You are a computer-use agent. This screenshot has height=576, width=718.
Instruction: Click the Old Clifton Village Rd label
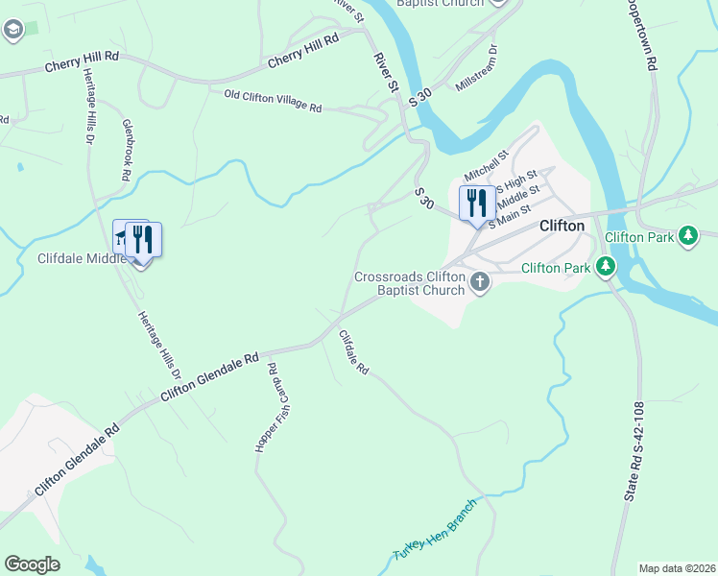click(273, 101)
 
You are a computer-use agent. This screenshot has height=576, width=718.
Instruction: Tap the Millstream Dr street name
click(477, 68)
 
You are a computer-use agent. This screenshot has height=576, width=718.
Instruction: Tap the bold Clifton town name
click(562, 227)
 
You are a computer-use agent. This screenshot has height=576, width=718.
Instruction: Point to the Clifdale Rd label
click(353, 352)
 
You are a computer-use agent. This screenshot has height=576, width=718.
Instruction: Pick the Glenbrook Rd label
click(126, 151)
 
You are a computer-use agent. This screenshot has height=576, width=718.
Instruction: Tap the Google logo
click(32, 564)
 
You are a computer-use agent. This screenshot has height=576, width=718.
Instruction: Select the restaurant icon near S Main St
click(473, 204)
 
